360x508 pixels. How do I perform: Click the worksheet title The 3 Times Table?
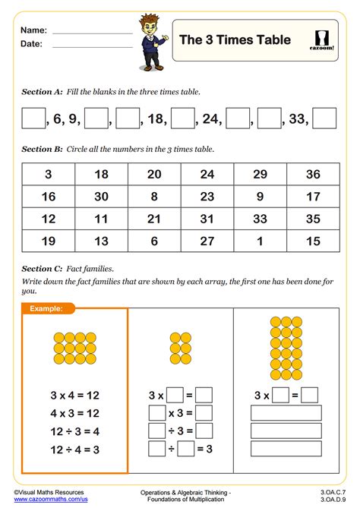click(x=235, y=39)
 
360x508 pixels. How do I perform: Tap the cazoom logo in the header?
click(x=324, y=40)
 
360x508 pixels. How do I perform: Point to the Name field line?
click(x=92, y=33)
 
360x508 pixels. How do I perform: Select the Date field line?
click(x=92, y=46)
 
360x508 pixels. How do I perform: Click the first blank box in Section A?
click(x=33, y=118)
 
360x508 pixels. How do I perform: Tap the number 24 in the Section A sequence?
click(x=210, y=118)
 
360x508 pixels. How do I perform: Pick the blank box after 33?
click(x=324, y=118)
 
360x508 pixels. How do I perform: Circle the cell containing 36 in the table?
click(x=313, y=174)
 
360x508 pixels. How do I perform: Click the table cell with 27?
click(x=207, y=241)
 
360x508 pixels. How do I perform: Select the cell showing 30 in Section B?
click(x=102, y=196)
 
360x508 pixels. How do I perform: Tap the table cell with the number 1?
click(x=261, y=241)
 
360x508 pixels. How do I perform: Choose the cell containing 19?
click(x=49, y=241)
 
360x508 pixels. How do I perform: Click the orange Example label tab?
click(x=46, y=308)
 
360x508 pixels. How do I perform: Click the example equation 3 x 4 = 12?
click(x=74, y=395)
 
